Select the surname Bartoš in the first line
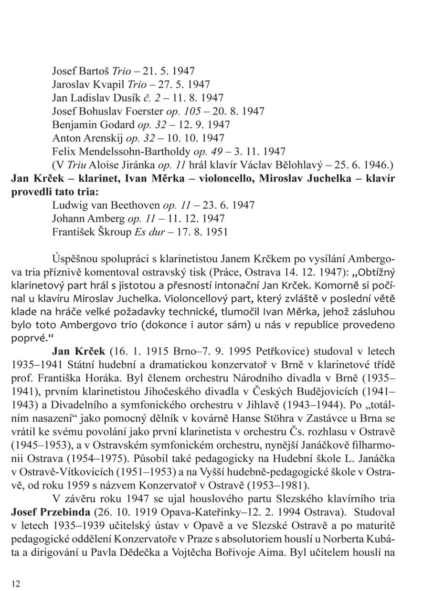point(95,71)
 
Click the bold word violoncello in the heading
point(219,179)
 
